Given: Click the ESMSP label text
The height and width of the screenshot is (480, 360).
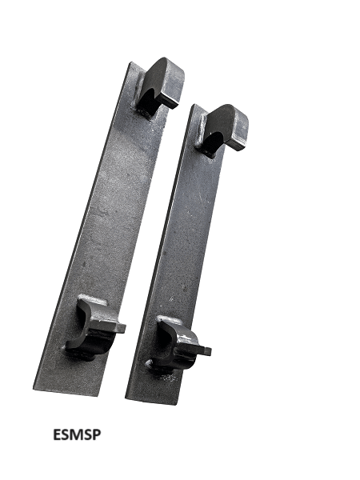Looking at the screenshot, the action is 77,434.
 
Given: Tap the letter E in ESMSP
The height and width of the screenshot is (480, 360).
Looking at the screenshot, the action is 58,434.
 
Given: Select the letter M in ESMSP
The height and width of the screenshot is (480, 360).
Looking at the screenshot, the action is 77,434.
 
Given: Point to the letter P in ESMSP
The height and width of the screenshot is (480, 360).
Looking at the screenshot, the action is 97,434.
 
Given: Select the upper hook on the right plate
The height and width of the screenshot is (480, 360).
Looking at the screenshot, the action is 223,130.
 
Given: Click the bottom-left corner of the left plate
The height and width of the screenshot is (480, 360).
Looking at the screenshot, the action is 33,389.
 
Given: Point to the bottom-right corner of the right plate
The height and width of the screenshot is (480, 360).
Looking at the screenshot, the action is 177,406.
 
